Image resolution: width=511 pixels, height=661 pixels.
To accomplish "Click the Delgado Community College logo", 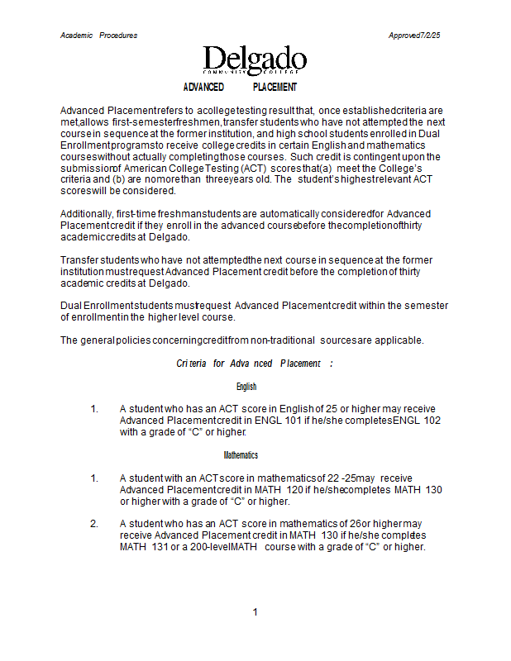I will [255, 59].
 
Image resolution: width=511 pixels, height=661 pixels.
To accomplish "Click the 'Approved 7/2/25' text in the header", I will [414, 36].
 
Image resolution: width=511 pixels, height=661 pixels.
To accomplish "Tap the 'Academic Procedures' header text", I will [99, 36].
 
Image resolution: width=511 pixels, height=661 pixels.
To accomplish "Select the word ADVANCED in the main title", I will [203, 88].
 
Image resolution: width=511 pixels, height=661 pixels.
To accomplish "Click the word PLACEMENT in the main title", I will [275, 88].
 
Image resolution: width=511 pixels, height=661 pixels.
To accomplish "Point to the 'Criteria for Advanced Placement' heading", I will [255, 364].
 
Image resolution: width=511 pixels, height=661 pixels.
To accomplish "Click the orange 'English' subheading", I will [246, 387].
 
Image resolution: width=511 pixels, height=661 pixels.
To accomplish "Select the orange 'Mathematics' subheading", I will [241, 455].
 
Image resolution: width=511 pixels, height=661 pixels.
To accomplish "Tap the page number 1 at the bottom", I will [255, 612].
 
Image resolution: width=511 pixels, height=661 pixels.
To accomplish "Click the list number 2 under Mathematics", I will [94, 524].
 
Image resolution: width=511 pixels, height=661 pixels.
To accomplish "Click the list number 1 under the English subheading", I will [94, 409].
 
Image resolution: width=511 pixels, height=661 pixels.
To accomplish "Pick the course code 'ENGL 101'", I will [271, 421].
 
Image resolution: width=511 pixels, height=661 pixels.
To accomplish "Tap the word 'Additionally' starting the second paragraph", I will [88, 214].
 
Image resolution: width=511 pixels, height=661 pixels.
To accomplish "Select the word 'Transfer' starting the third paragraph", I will [79, 260].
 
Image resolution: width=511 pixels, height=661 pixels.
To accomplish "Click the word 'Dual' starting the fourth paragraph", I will [71, 306].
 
